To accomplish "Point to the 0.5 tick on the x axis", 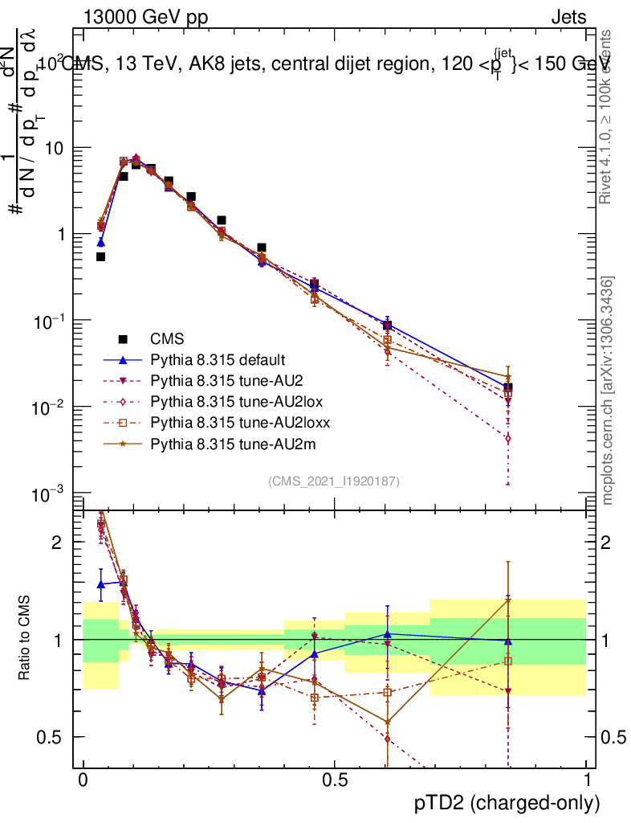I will point(335,780).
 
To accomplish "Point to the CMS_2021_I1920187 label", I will point(334,481).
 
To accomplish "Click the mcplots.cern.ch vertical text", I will point(608,391).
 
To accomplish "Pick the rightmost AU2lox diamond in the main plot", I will point(507,439).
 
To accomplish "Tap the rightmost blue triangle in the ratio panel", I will point(507,641).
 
